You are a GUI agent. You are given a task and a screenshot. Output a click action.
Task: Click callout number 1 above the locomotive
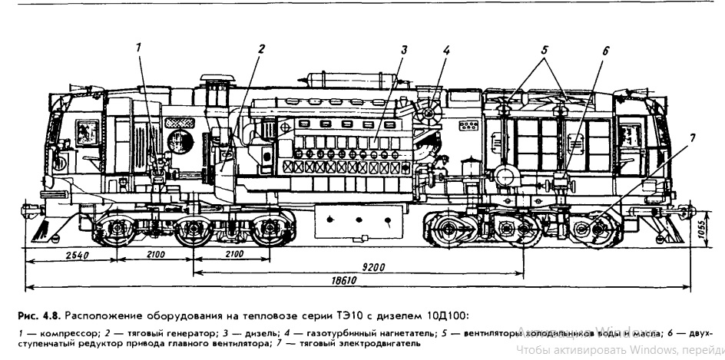tap(139, 47)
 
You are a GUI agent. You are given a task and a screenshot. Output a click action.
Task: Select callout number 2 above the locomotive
tap(262, 48)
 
